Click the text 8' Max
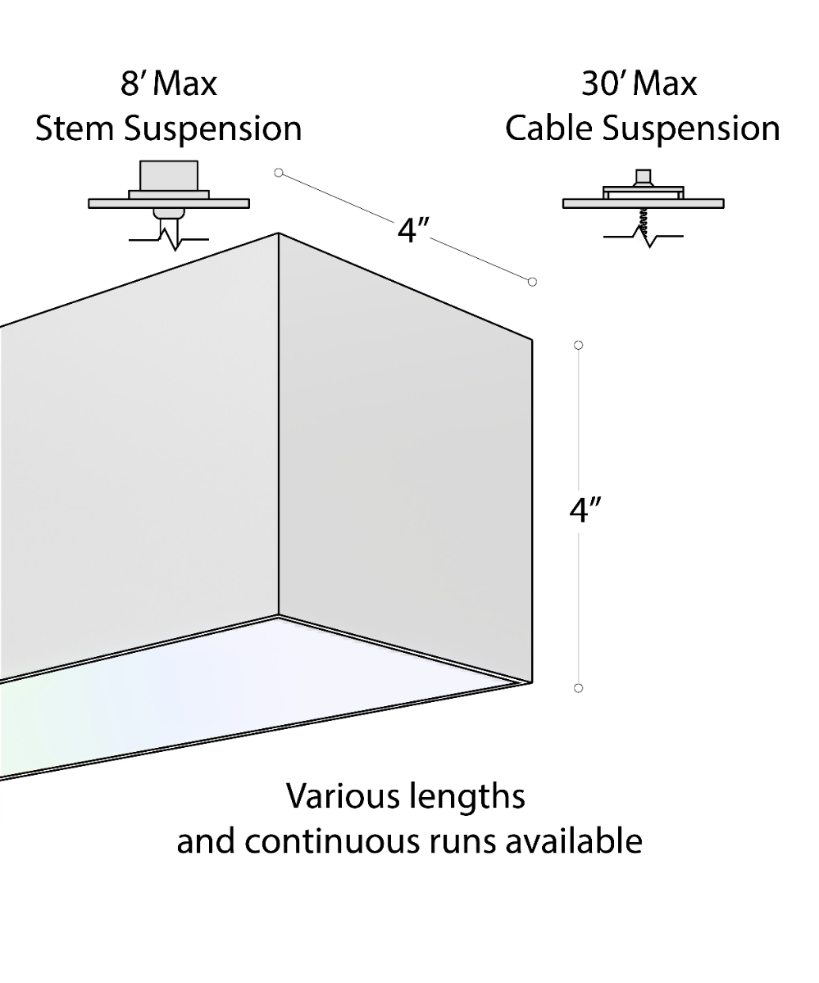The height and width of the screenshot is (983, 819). [x=169, y=84]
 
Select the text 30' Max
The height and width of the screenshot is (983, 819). [x=639, y=84]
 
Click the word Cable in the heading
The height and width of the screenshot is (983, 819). [x=553, y=129]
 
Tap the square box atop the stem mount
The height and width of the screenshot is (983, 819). [x=170, y=175]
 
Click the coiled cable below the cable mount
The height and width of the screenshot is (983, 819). [x=645, y=221]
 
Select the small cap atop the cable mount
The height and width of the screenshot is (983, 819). [x=644, y=178]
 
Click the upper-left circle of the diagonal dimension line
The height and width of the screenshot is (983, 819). [x=279, y=172]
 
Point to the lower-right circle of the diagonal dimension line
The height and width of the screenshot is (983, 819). [x=532, y=282]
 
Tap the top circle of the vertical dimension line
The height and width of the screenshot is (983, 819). [x=579, y=345]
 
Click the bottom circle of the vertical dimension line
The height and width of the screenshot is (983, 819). [x=579, y=688]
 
